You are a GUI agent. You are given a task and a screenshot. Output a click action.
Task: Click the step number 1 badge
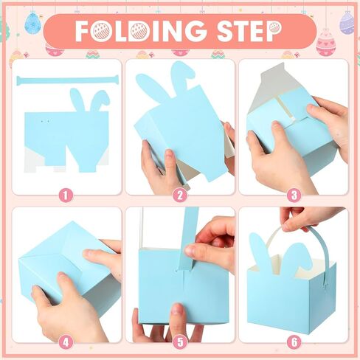[x=66, y=196]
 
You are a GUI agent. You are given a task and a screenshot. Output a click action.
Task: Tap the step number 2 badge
[x=180, y=196]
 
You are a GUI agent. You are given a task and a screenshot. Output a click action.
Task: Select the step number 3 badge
[x=294, y=196]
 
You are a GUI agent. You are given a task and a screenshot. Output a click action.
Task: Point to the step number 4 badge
[x=66, y=342]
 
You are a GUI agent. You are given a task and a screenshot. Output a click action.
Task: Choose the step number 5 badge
[x=180, y=342]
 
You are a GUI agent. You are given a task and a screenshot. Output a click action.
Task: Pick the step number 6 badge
[x=294, y=342]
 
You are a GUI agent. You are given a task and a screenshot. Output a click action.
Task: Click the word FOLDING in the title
[x=141, y=31]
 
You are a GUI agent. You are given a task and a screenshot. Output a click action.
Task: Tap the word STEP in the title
[x=249, y=31]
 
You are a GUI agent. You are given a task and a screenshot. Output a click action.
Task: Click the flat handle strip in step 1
[x=67, y=80]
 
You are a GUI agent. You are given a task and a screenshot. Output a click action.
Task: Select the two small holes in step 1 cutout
[x=45, y=121]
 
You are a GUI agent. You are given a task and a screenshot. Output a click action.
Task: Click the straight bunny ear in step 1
[x=78, y=100]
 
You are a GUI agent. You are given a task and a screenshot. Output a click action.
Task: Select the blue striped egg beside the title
[x=32, y=23]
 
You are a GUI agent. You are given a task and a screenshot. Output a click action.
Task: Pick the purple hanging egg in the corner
[x=347, y=23]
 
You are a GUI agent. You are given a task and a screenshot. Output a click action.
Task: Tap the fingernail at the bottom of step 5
[x=177, y=310]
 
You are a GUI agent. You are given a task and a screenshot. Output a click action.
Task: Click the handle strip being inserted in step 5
[x=188, y=238]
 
